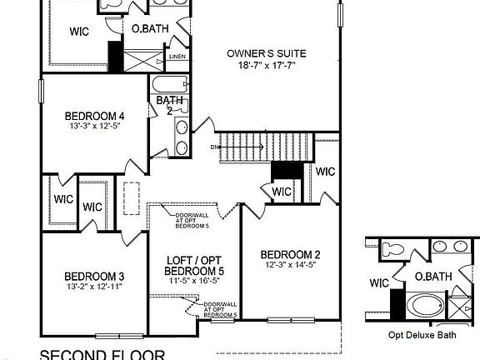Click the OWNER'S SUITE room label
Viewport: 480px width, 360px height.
click(x=267, y=54)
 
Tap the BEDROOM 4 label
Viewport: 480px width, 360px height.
click(x=94, y=116)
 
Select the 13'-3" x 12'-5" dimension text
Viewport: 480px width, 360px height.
click(x=94, y=127)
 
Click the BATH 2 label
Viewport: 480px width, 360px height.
click(x=164, y=105)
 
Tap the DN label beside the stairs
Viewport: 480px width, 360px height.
click(x=214, y=147)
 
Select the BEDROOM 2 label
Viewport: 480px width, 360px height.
click(x=290, y=255)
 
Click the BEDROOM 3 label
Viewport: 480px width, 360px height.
click(x=94, y=277)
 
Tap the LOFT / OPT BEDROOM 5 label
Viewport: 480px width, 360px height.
click(x=194, y=266)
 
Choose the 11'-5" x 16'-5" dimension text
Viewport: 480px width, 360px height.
click(x=194, y=282)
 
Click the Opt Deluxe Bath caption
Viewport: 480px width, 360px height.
click(x=422, y=336)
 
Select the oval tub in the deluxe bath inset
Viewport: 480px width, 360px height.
click(x=425, y=305)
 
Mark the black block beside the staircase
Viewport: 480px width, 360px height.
click(x=286, y=169)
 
